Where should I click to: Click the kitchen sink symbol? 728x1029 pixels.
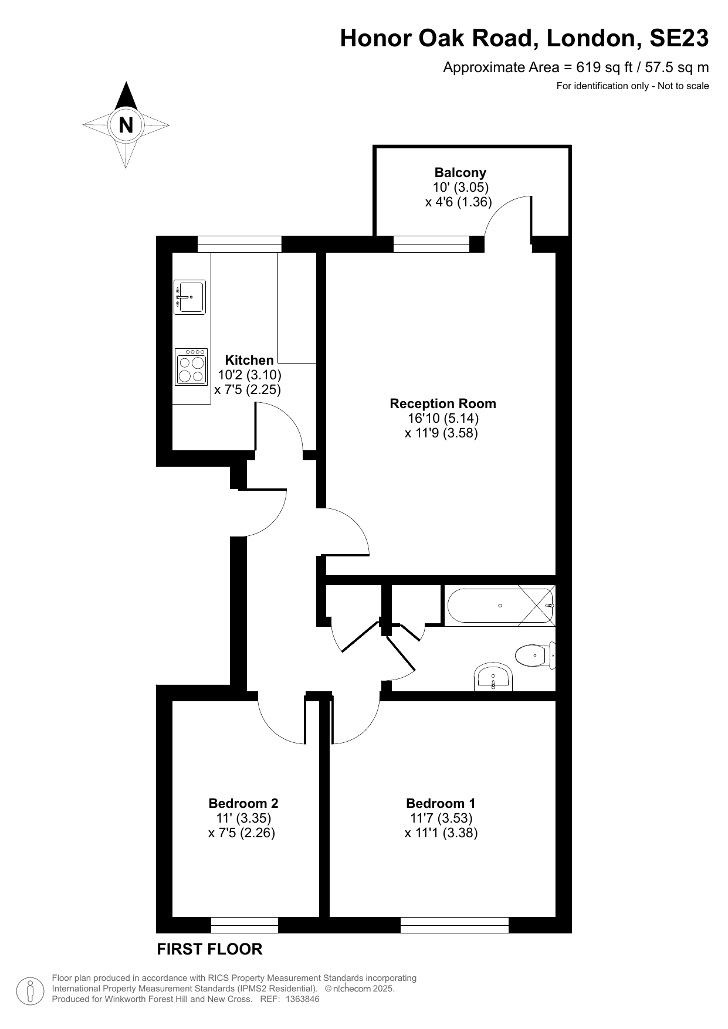189,297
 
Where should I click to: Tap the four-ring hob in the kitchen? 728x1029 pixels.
191,367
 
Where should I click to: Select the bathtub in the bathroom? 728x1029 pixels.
500,606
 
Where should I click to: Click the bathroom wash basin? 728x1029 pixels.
493,678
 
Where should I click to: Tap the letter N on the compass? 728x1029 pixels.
126,125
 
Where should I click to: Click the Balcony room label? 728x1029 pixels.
460,172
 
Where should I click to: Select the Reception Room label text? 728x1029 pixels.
443,403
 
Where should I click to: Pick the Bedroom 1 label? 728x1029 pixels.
441,803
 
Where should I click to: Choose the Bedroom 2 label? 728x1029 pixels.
243,803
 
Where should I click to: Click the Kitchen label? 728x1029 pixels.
249,360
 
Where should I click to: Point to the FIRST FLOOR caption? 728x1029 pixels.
209,949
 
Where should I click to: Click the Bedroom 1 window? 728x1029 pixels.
455,925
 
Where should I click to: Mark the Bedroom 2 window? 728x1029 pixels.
244,925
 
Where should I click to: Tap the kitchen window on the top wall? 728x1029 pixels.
239,244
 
